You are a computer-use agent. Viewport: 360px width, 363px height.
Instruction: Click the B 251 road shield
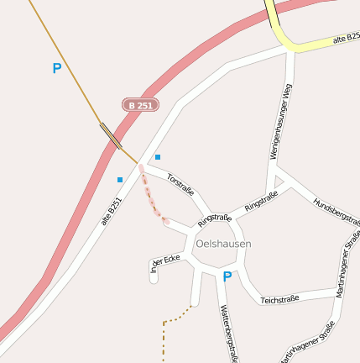point(140,105)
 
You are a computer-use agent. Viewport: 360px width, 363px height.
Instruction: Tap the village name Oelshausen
point(222,244)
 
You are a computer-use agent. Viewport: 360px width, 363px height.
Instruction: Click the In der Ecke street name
point(164,263)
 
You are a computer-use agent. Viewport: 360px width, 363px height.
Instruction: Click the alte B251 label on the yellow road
point(346,39)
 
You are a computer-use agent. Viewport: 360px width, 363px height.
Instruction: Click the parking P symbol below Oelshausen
point(227,276)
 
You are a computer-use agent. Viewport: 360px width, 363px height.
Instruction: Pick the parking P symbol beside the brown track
point(57,69)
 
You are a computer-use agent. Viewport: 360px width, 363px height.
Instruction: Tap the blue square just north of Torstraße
point(158,156)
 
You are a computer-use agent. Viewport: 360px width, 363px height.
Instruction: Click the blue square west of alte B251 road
point(120,179)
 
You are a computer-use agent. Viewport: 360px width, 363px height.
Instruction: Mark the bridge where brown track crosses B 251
point(111,134)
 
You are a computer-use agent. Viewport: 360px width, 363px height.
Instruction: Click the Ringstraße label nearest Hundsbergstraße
point(261,201)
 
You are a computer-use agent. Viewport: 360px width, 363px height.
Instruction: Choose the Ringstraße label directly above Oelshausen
point(215,219)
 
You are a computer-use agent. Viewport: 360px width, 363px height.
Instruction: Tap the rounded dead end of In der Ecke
point(154,277)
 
